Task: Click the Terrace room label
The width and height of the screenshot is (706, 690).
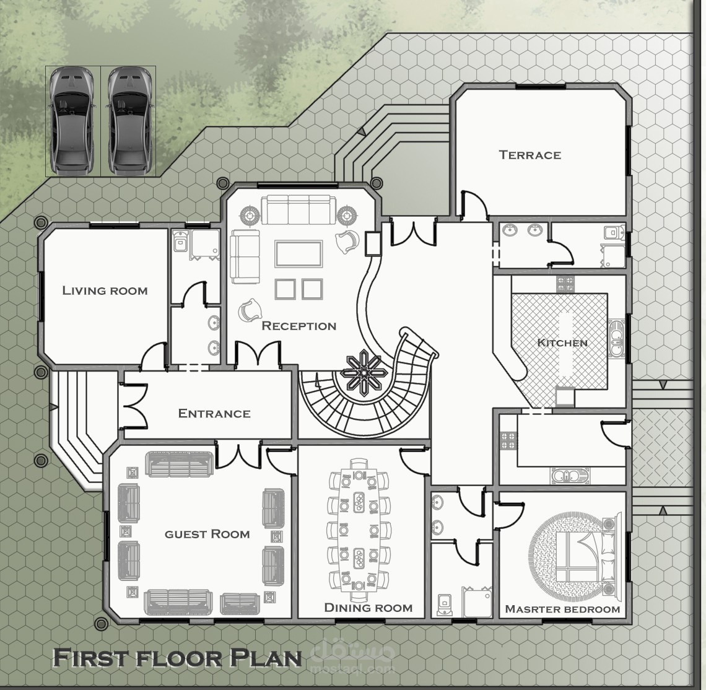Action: click(530, 155)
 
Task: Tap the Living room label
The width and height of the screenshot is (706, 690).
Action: click(105, 290)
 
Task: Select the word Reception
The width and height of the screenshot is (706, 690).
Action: click(299, 326)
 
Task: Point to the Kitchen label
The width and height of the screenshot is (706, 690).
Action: click(562, 343)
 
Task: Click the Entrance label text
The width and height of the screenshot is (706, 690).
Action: click(214, 414)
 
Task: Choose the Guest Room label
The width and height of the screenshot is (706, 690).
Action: click(207, 534)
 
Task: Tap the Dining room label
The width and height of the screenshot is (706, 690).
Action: click(368, 608)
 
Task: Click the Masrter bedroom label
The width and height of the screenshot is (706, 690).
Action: click(562, 609)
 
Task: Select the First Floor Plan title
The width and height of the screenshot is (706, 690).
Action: click(177, 657)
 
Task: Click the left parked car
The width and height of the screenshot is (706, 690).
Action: click(72, 121)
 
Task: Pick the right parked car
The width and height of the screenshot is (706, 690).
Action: click(129, 121)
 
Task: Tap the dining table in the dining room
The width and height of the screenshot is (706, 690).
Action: click(359, 531)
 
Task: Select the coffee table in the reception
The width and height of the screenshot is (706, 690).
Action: click(299, 254)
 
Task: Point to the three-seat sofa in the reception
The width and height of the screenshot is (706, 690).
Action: click(299, 209)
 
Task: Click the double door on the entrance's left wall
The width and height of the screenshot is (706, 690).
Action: click(134, 405)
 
